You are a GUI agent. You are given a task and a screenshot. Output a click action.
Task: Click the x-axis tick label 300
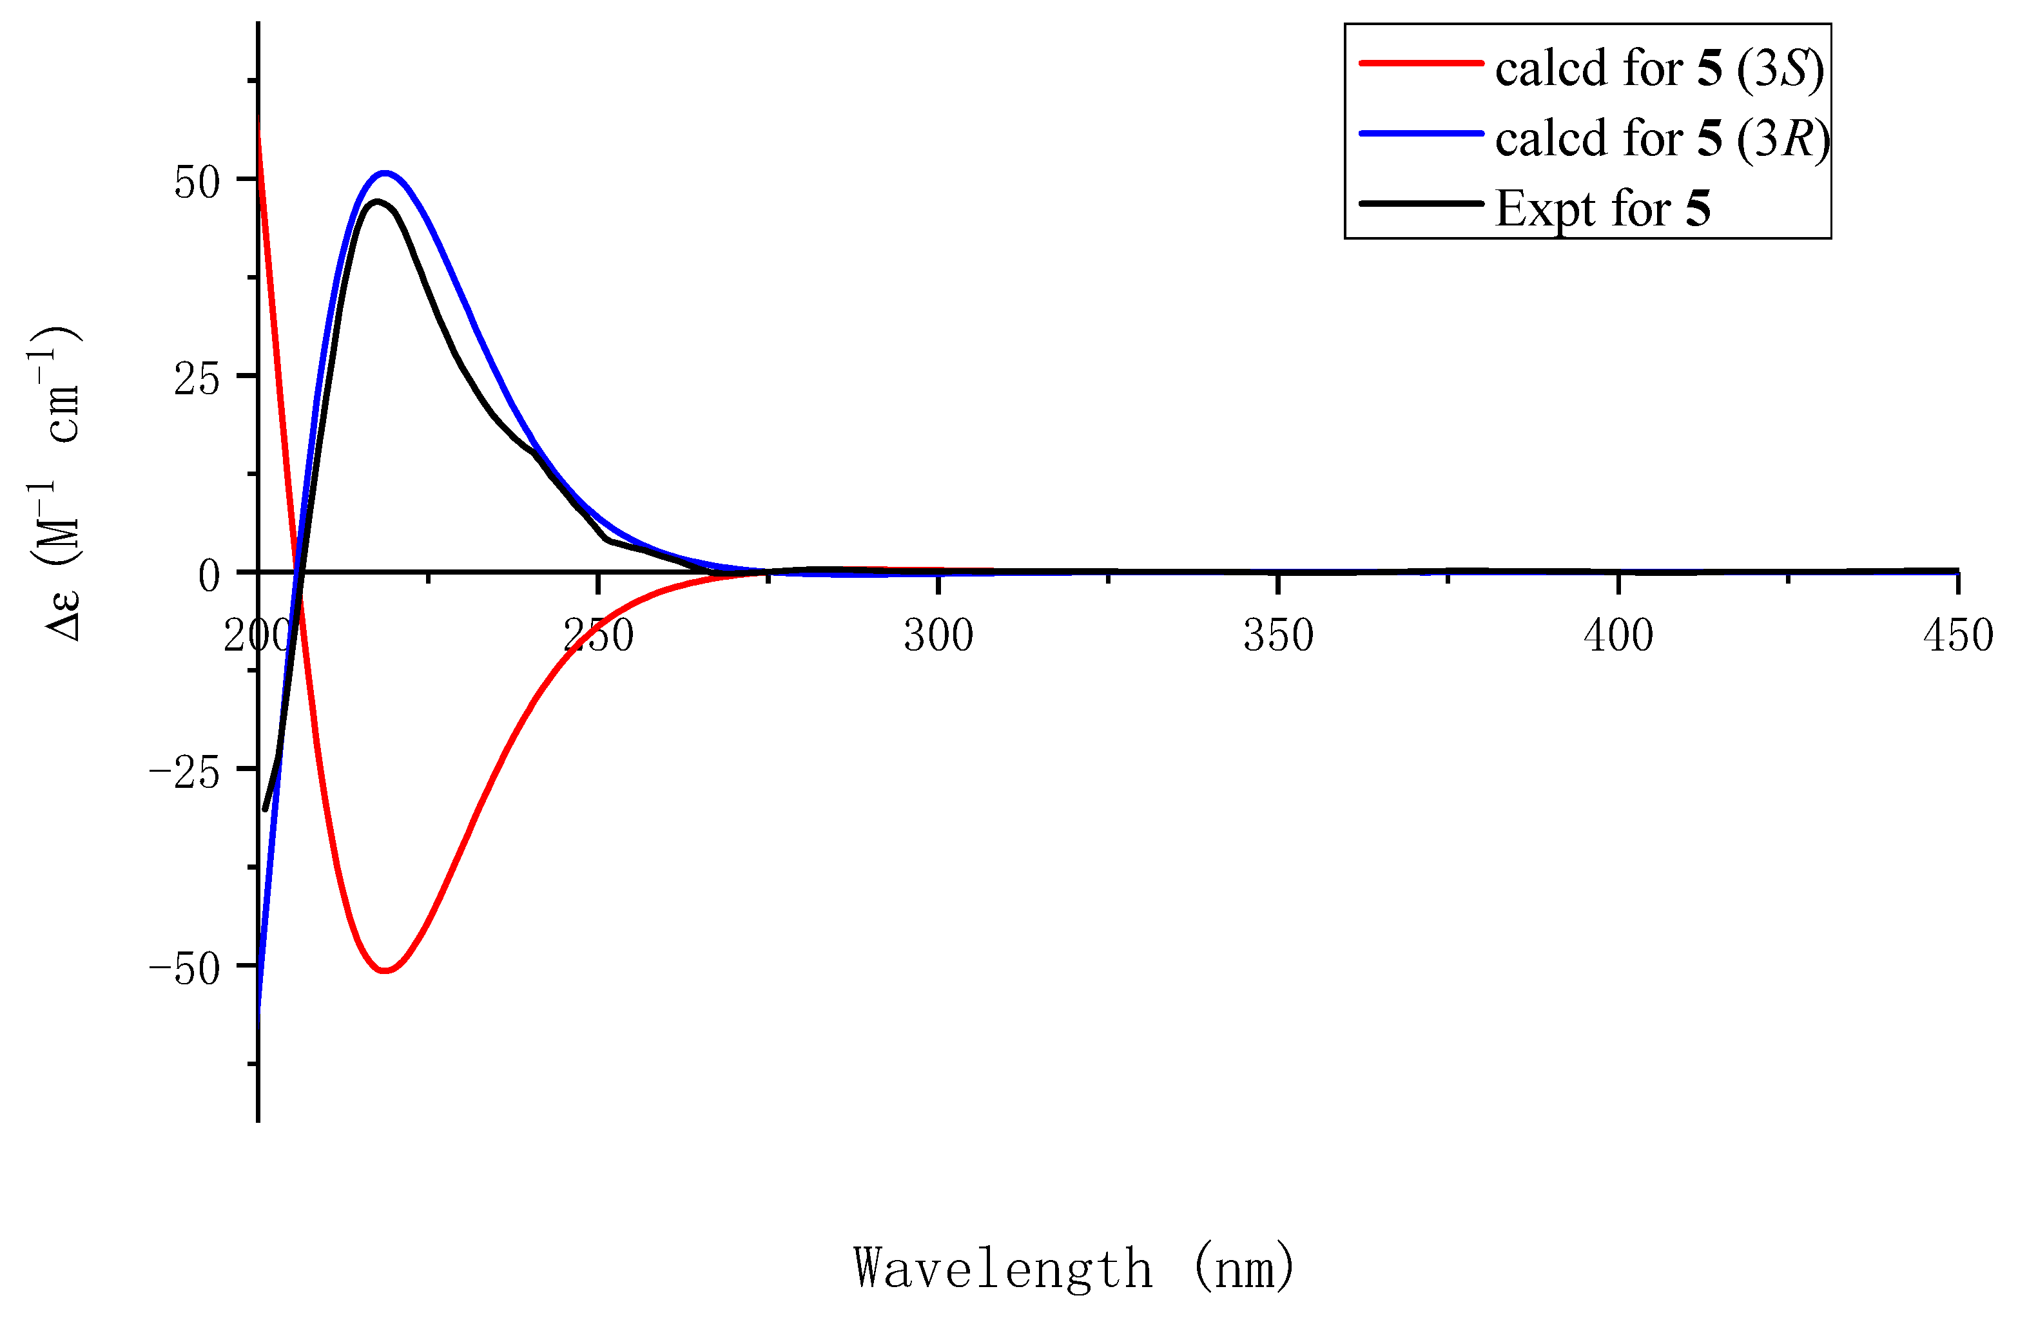click(x=938, y=636)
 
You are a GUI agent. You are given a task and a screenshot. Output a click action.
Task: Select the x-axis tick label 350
click(x=1278, y=636)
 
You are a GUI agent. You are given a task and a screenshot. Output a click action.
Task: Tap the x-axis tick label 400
click(x=1618, y=636)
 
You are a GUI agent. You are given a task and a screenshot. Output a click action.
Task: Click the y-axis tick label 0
click(x=209, y=577)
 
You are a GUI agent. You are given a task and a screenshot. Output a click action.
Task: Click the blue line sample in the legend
click(x=1421, y=134)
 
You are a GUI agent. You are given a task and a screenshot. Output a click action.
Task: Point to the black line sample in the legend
click(x=1421, y=204)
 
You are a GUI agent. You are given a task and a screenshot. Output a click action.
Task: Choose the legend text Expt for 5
click(x=1602, y=209)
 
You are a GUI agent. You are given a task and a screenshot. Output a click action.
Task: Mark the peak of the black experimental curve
click(x=376, y=202)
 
